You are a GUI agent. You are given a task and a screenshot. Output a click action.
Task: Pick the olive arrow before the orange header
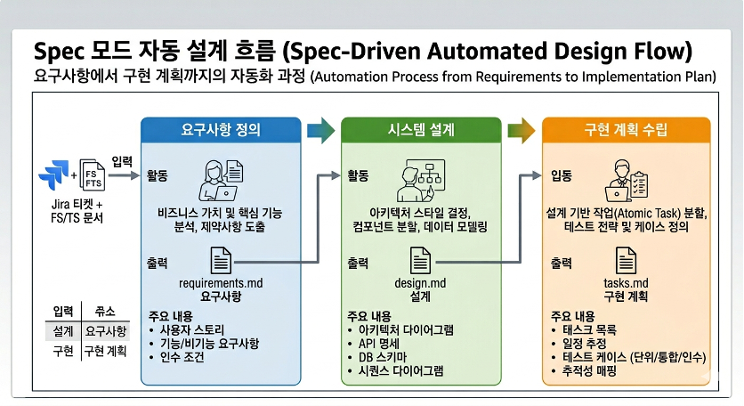(x=522, y=131)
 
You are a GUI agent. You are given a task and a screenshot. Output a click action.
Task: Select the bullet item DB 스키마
(x=381, y=356)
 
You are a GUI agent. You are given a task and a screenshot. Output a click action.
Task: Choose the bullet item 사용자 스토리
(x=190, y=329)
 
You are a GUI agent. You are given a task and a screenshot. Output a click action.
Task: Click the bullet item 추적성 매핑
(x=590, y=369)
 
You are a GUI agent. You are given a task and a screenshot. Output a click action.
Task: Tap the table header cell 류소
(x=94, y=311)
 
